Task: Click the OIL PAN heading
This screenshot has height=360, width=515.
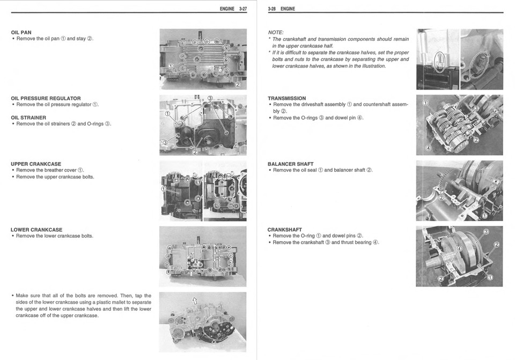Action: [21, 32]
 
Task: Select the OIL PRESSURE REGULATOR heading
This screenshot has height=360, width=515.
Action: [46, 98]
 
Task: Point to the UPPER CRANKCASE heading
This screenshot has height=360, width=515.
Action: [36, 164]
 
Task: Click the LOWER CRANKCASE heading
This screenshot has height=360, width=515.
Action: [36, 230]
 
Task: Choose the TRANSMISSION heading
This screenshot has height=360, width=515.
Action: [286, 98]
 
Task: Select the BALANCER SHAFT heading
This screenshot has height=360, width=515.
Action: [290, 164]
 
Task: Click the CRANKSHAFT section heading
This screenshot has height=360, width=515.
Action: [284, 230]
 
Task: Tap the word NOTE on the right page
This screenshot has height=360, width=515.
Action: [275, 32]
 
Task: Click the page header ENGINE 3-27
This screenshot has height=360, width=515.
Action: [233, 9]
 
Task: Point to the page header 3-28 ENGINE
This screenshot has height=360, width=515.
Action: [281, 9]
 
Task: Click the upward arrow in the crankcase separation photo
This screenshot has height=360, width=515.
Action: [194, 301]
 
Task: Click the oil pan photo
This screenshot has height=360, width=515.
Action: [203, 59]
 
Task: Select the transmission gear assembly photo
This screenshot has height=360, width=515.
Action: [459, 124]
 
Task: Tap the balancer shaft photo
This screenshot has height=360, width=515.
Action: [459, 190]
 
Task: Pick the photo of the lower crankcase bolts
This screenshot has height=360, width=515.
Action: [203, 256]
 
